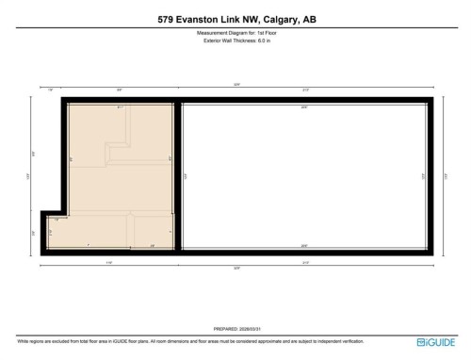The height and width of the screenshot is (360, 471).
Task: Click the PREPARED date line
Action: pyautogui.click(x=235, y=329)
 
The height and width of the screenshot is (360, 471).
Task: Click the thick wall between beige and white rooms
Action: pyautogui.click(x=177, y=174)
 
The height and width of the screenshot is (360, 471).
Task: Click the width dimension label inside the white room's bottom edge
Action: pyautogui.click(x=303, y=246)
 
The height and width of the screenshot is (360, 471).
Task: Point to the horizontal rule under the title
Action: pyautogui.click(x=235, y=27)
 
